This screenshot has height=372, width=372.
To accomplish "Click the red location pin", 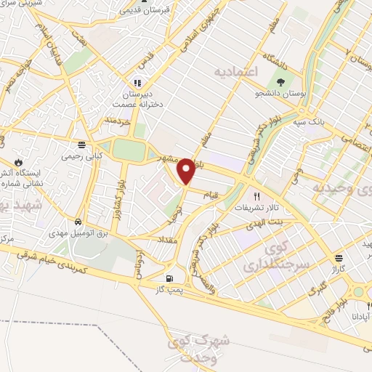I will (x=187, y=171).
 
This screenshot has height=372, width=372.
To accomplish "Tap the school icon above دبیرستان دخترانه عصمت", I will (x=136, y=82).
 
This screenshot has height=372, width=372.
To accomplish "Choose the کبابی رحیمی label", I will (x=81, y=155).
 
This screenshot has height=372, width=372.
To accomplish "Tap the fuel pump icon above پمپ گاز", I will (x=170, y=278).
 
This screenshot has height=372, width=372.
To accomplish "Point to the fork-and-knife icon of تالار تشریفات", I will (x=255, y=196).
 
